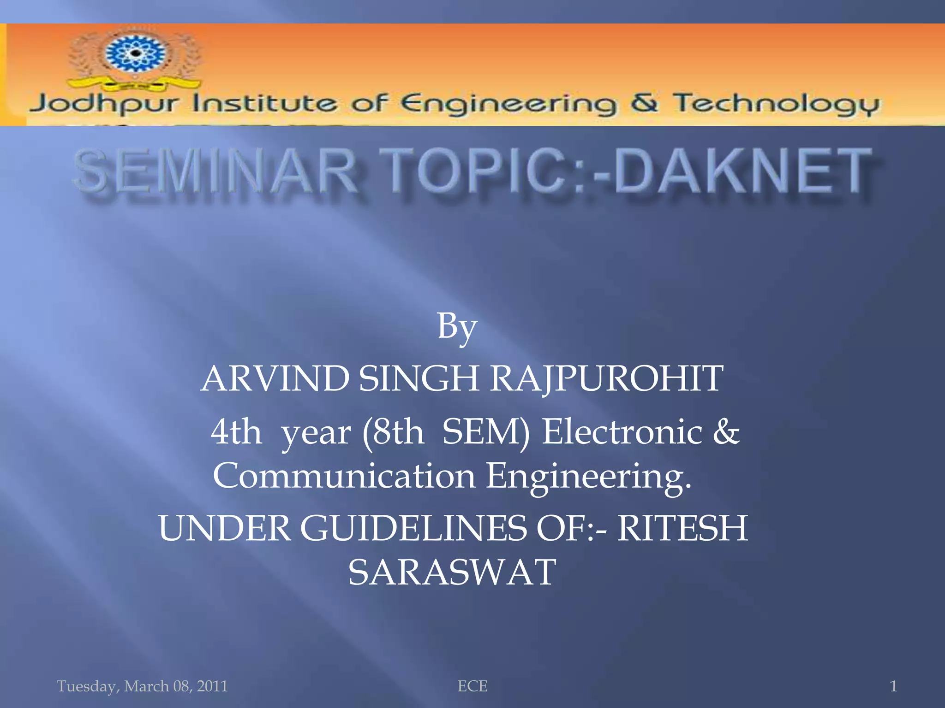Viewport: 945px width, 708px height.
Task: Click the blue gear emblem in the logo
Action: (135, 53)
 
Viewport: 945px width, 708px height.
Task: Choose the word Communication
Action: (344, 476)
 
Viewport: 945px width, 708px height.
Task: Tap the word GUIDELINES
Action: (413, 528)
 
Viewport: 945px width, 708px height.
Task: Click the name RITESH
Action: (682, 528)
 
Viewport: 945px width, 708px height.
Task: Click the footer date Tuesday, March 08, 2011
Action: (142, 686)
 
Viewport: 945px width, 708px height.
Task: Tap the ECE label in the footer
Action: (472, 686)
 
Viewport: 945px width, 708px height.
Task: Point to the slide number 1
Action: (893, 686)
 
